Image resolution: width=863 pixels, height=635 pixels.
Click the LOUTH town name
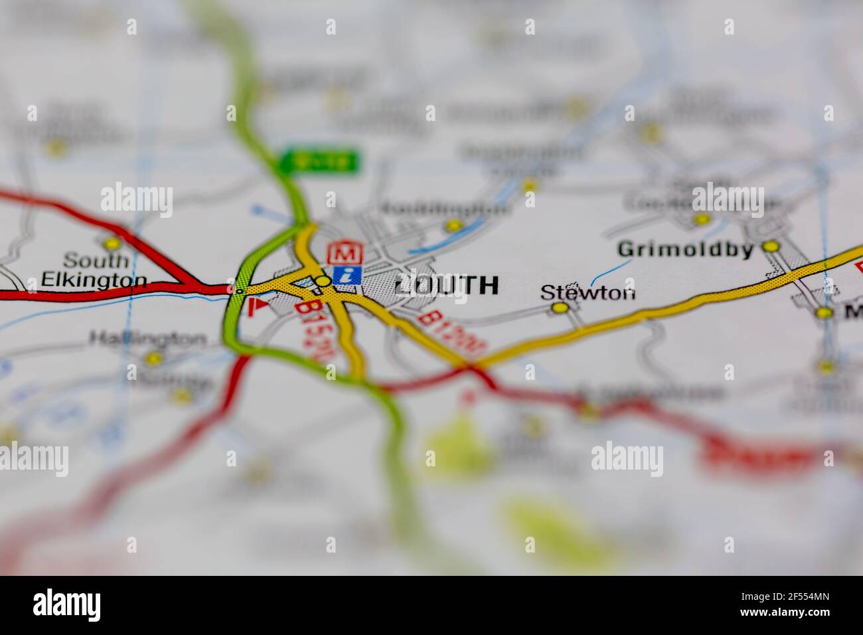point(446,285)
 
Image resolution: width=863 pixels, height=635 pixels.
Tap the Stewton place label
point(588,292)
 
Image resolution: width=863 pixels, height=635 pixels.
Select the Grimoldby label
point(686,250)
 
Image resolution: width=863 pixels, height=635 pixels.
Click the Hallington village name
point(147,339)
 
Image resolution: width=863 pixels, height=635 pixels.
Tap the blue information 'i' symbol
point(347,274)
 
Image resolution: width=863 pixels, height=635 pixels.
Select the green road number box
point(319,161)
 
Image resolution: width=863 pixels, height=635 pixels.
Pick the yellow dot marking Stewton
point(560,308)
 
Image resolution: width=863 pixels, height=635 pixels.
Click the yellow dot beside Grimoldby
point(770,246)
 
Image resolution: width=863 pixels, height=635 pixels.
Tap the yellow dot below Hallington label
point(154,359)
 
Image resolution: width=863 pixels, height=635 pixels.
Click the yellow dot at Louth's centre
point(323,282)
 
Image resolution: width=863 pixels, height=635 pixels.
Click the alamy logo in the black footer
point(67,605)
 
